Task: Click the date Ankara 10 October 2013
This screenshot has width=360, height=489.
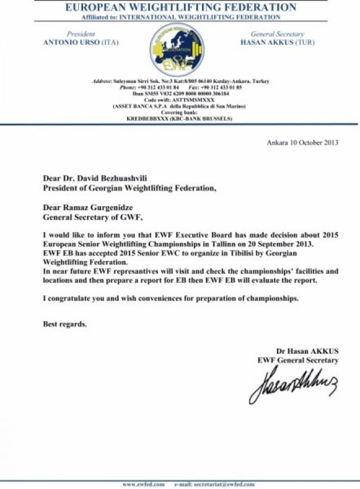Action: tap(302, 143)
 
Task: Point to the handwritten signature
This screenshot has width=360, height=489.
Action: tap(293, 383)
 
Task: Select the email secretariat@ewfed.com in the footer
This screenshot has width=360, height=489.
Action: tap(206, 484)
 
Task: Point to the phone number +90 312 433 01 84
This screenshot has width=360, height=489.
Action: tap(160, 87)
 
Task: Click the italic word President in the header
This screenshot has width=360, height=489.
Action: tap(80, 34)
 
